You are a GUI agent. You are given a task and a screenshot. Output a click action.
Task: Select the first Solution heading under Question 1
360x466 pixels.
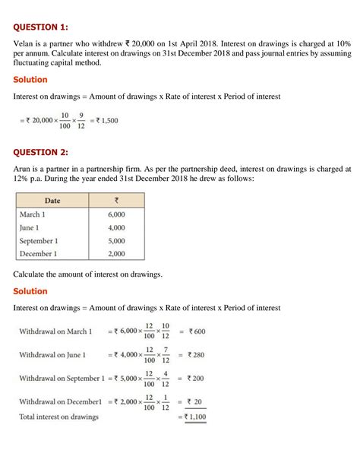pos(30,79)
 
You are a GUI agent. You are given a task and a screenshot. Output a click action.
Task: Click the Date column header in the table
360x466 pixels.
pos(52,201)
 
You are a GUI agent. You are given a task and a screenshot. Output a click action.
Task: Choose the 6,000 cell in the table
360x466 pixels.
pos(116,214)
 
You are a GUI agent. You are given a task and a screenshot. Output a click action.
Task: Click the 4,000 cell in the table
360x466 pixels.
pos(116,227)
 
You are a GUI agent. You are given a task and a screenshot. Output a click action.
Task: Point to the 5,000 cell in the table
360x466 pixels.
pos(116,240)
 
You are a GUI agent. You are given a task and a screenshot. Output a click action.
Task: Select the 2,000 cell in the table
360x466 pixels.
pos(116,253)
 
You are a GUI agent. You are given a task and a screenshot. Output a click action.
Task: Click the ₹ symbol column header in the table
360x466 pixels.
pos(116,201)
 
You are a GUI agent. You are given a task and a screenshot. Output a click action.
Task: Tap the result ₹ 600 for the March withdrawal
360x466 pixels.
pos(197,331)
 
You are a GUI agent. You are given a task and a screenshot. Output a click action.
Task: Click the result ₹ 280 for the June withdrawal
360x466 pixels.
pos(197,354)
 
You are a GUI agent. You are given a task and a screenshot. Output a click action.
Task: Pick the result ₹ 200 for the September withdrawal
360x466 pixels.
pos(197,378)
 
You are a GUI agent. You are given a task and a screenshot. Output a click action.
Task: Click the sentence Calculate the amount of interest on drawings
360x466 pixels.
pos(87,273)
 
